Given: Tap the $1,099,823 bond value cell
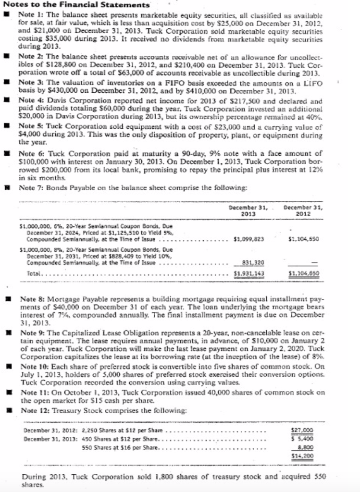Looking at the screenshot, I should (248, 238).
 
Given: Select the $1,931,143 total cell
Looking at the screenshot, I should (248, 273).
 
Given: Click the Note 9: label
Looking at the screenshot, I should (33, 332).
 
